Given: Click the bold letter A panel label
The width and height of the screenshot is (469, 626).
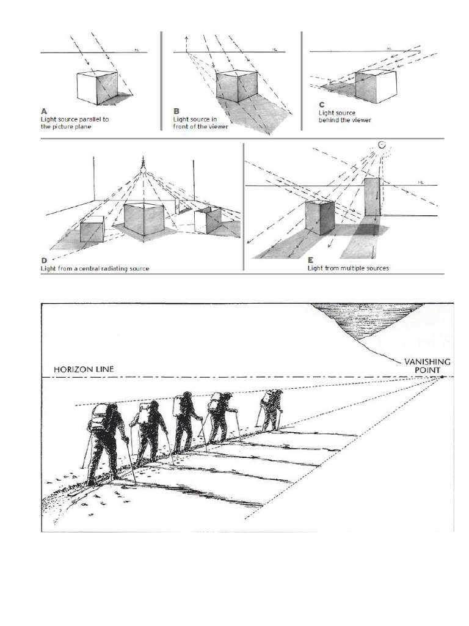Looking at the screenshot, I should click(x=44, y=111).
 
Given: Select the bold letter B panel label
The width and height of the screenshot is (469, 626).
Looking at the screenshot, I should click(x=176, y=111).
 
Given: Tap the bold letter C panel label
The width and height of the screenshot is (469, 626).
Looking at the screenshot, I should click(x=321, y=105).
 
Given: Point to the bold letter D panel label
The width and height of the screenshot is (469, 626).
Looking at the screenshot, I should click(x=44, y=260).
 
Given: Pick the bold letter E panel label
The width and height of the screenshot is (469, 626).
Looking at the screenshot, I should click(x=310, y=260).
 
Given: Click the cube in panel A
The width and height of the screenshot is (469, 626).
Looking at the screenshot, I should click(x=97, y=87).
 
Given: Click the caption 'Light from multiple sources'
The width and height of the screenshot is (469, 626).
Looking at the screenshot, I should click(x=348, y=268).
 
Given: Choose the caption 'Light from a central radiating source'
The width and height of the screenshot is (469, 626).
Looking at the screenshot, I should click(x=95, y=268).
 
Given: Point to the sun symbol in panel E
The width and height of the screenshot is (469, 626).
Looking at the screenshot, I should click(x=382, y=145).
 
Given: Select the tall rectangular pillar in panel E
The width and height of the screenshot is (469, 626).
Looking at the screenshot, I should click(x=373, y=197).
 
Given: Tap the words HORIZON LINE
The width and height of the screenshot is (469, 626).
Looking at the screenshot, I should click(x=83, y=369).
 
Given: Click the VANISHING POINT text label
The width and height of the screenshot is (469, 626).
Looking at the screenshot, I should click(x=427, y=366).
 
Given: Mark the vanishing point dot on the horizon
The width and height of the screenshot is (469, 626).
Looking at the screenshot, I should click(x=442, y=377).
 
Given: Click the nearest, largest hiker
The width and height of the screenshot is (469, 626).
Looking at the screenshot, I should click(x=107, y=440).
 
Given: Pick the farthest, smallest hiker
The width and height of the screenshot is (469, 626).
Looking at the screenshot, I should click(x=271, y=408).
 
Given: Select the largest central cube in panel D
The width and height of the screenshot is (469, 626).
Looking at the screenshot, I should click(x=145, y=219).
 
